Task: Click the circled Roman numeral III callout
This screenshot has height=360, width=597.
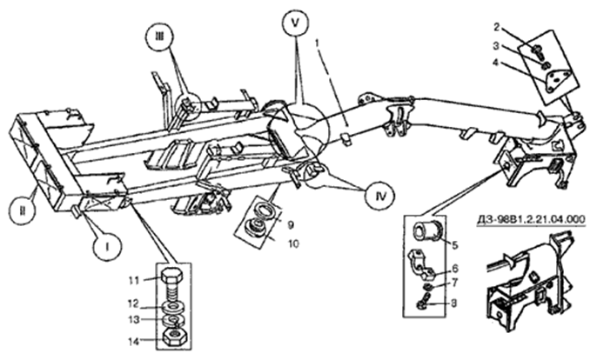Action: [x=160, y=37]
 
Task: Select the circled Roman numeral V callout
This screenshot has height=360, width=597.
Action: [x=296, y=23]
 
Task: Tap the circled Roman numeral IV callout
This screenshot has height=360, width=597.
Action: [x=380, y=196]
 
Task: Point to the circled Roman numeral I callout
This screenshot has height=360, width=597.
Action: [x=108, y=247]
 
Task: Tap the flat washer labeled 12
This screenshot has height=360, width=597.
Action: [x=173, y=306]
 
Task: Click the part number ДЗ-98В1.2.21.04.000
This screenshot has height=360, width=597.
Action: [x=531, y=220]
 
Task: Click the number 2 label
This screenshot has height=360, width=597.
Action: [x=496, y=27]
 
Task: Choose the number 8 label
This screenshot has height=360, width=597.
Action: [x=453, y=303]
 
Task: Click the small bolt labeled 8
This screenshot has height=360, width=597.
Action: [x=423, y=300]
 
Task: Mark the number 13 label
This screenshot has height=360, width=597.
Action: [x=134, y=320]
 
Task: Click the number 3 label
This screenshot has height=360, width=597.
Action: [x=496, y=46]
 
